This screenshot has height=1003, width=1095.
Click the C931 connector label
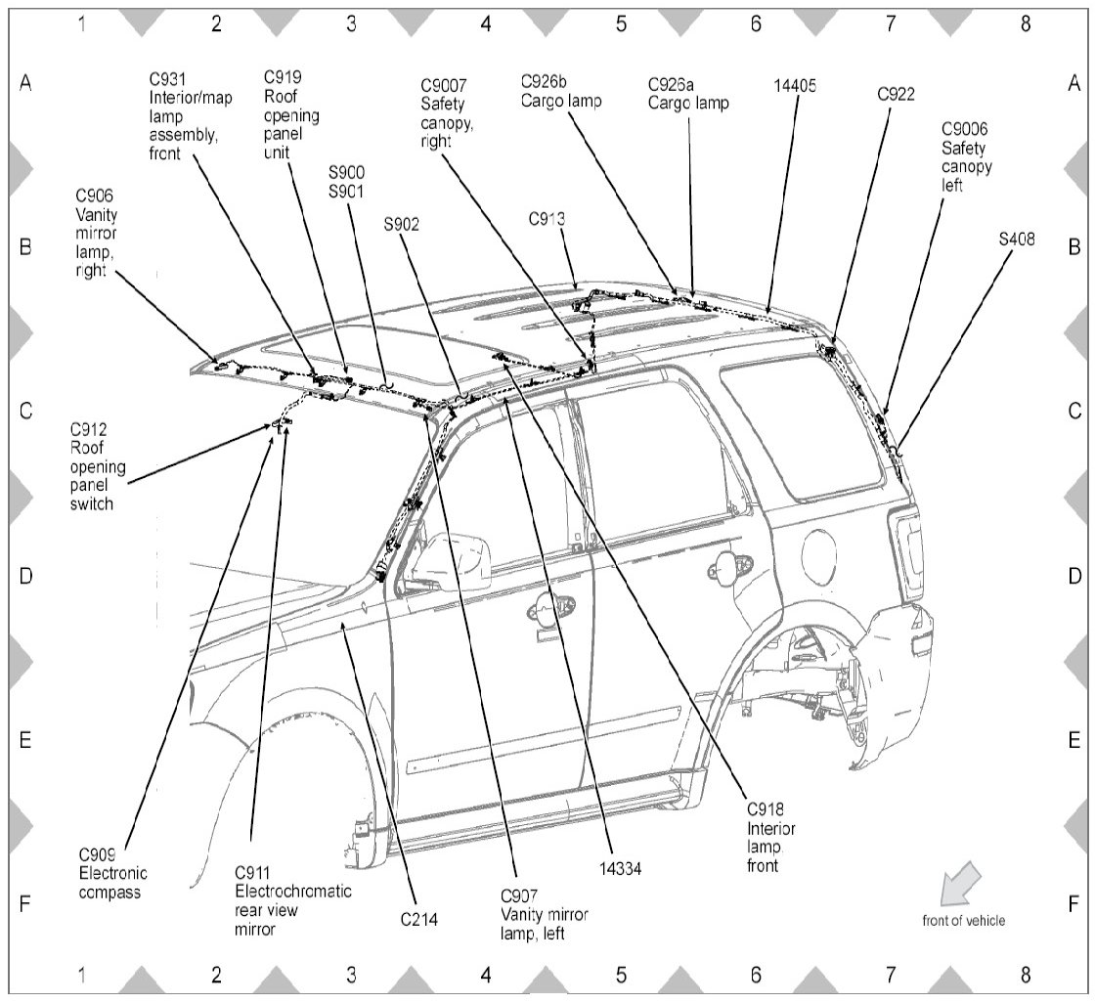pyautogui.click(x=169, y=78)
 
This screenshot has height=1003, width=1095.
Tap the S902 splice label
pyautogui.click(x=402, y=224)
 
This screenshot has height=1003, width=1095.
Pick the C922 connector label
pyautogui.click(x=897, y=94)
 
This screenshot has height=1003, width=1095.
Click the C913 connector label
pyautogui.click(x=547, y=220)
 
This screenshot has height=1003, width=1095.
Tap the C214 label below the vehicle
pyautogui.click(x=419, y=919)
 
